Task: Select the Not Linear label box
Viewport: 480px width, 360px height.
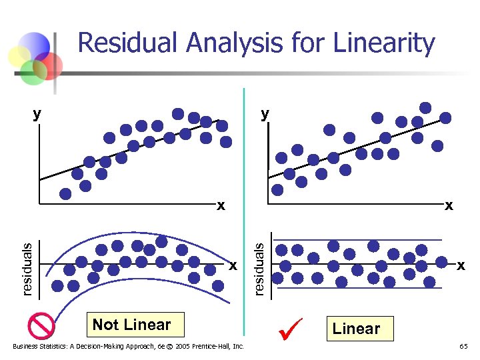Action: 131,325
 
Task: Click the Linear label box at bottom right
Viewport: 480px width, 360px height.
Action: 356,329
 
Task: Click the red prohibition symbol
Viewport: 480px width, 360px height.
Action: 41,326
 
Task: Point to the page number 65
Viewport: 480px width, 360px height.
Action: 463,347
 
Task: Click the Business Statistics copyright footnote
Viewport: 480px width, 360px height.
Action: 129,346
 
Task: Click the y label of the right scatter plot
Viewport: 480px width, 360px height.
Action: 265,114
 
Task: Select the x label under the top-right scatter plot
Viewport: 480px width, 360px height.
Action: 449,205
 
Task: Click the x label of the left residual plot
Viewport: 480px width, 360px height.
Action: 233,265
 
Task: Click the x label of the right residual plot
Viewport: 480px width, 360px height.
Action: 461,265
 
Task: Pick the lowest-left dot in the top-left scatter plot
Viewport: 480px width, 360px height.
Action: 65,194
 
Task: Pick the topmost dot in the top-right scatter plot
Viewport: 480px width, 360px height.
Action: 425,107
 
